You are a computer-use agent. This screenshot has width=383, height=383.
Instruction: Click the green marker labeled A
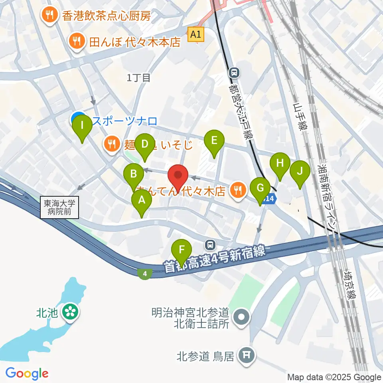coord(141,201)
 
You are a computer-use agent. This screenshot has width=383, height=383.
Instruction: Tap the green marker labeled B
coord(134,175)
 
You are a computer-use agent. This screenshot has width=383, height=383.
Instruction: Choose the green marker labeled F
coord(182,251)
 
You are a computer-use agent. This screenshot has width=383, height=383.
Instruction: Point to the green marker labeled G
coord(260,189)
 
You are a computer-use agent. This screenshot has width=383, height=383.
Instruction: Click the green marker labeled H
coord(280,164)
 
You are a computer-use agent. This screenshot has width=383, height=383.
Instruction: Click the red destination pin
coord(178,176)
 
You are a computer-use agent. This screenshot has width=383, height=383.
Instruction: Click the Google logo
coord(27,374)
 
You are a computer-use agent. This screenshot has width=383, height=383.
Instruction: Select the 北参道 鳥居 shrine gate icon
coord(245,354)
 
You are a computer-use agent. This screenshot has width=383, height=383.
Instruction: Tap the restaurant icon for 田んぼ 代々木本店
coord(75,41)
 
